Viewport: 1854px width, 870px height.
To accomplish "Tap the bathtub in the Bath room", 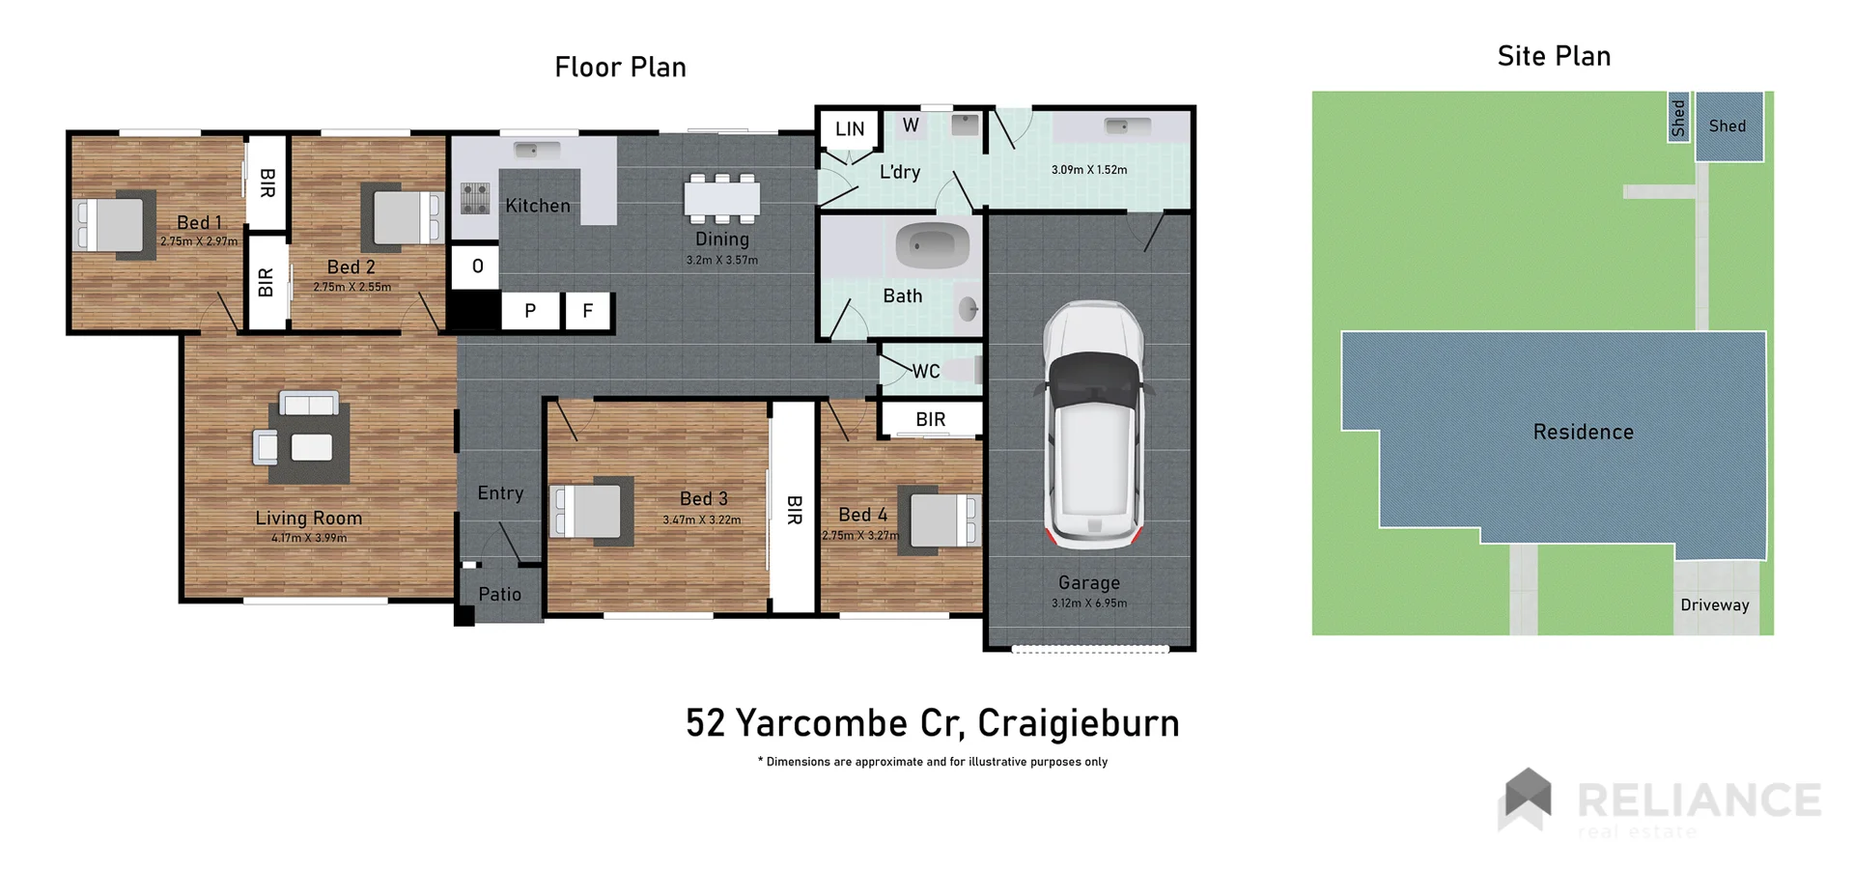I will coord(932,246).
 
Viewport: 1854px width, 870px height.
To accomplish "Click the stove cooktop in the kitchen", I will coord(474,197).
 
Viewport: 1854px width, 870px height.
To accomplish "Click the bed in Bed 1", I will coord(113,224).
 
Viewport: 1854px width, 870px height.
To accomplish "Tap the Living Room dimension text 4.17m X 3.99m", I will coord(308,539).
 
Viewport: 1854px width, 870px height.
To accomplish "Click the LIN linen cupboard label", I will coord(850,129).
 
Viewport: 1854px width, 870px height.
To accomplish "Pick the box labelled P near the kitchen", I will coord(530,311).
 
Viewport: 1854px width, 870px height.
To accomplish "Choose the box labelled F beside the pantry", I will coord(587,311).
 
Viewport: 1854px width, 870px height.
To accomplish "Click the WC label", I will coord(925,372).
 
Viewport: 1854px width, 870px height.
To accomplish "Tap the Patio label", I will coord(499,595).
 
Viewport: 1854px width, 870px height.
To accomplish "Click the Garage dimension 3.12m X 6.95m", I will coord(1089,603).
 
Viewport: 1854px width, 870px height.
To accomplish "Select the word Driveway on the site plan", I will coord(1714,605).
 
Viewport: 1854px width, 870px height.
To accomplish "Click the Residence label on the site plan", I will coord(1583,433).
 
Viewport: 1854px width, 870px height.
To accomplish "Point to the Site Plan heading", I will coord(1554,57).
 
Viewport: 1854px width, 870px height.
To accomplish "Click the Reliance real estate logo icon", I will coord(1525,799).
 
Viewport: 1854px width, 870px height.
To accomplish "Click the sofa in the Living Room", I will coord(309,403).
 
